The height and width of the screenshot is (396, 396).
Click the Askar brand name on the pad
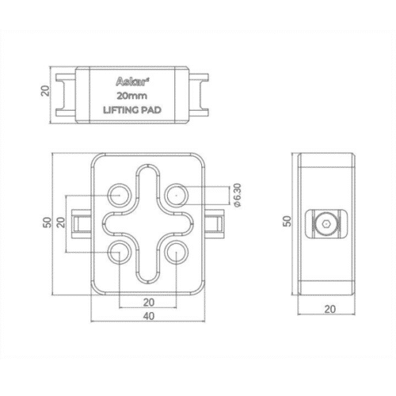click(x=131, y=82)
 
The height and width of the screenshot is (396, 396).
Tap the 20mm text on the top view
click(x=132, y=96)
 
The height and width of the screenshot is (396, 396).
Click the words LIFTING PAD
click(x=132, y=110)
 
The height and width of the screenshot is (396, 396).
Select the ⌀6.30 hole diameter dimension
click(x=238, y=195)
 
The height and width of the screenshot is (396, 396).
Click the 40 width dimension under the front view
click(x=149, y=316)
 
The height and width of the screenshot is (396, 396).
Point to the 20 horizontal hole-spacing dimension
click(x=149, y=303)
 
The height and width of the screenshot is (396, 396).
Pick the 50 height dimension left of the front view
click(x=48, y=223)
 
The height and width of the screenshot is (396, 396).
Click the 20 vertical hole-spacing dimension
click(x=61, y=223)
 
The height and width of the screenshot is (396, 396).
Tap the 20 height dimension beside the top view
click(x=45, y=90)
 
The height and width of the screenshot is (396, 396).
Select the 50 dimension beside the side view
click(x=287, y=221)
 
